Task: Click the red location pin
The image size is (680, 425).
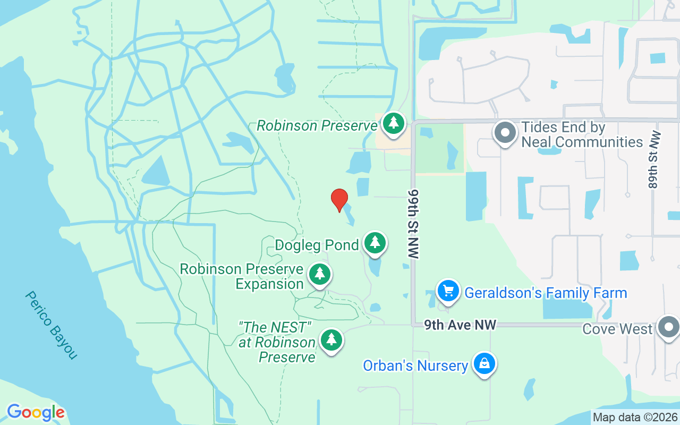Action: click(x=339, y=200)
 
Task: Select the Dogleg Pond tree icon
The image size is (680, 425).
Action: click(x=375, y=243)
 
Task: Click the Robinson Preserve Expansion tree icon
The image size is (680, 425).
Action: click(x=319, y=274)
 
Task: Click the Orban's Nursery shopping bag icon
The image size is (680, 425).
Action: click(x=484, y=364)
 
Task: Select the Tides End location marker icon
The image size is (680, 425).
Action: click(x=505, y=133)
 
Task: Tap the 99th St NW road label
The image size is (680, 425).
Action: click(x=414, y=223)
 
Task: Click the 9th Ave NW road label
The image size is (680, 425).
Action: click(x=460, y=325)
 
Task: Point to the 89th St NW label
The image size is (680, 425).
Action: click(x=654, y=159)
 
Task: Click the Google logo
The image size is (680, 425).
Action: click(x=36, y=412)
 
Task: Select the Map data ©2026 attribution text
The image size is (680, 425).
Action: click(x=635, y=418)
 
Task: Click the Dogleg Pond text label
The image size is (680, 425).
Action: click(x=317, y=245)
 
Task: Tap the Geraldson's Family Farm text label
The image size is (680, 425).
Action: click(x=546, y=293)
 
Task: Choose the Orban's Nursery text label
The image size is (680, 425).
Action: click(x=415, y=365)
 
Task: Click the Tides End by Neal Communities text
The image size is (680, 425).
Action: click(x=582, y=134)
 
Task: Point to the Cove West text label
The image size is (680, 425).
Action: click(x=617, y=329)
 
